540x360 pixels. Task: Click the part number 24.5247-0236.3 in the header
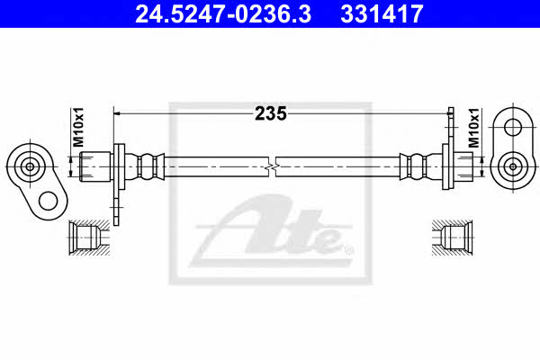(x=223, y=13)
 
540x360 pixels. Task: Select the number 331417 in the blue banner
(x=382, y=13)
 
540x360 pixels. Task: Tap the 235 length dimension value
(x=270, y=113)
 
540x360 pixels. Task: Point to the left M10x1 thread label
(x=78, y=127)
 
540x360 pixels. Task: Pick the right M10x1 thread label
(x=473, y=128)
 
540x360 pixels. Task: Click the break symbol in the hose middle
(x=272, y=166)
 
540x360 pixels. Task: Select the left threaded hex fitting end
(x=95, y=166)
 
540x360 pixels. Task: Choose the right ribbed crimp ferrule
(x=416, y=166)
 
